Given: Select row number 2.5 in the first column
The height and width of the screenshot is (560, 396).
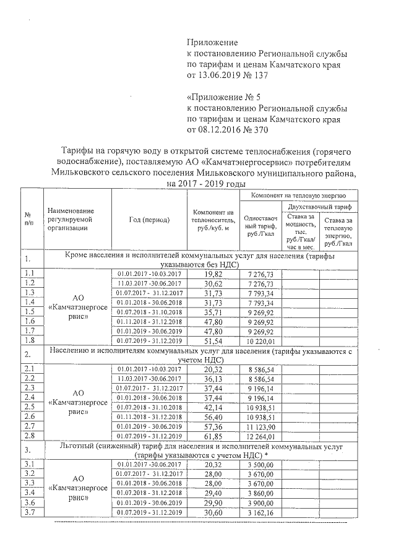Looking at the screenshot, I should tap(29, 407).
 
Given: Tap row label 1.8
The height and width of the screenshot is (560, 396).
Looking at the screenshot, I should tap(29, 340).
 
